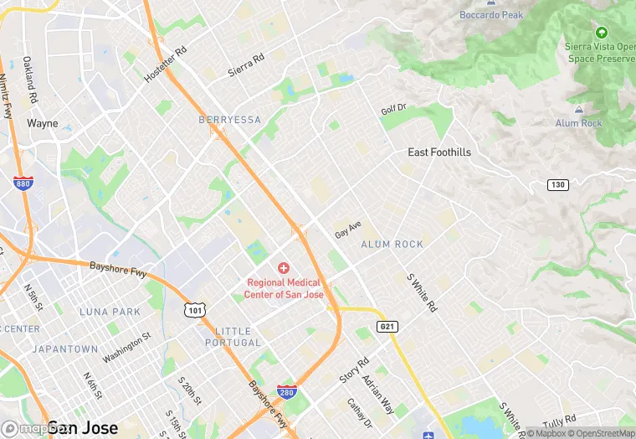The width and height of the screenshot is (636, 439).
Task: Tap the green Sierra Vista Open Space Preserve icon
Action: (601, 33)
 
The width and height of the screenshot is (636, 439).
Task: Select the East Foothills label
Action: (439, 152)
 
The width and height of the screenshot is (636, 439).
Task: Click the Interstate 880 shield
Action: (23, 183)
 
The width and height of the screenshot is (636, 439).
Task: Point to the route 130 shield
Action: (557, 184)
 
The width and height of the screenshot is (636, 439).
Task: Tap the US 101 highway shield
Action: (194, 310)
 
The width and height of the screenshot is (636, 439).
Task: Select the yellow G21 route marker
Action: (387, 326)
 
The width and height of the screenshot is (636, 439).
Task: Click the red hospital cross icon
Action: (284, 268)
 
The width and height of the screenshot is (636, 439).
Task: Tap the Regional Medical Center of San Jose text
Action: (284, 289)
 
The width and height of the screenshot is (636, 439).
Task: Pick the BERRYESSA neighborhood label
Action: (230, 120)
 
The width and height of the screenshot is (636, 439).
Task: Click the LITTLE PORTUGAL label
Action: (233, 337)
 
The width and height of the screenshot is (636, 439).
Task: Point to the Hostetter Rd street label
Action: (165, 63)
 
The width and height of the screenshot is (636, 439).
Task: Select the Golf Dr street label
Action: (392, 109)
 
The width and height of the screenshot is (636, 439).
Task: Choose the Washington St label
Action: (126, 347)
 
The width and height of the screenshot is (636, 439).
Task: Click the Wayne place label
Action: (43, 123)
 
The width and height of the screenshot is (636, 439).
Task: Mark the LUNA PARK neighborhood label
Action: (110, 312)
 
